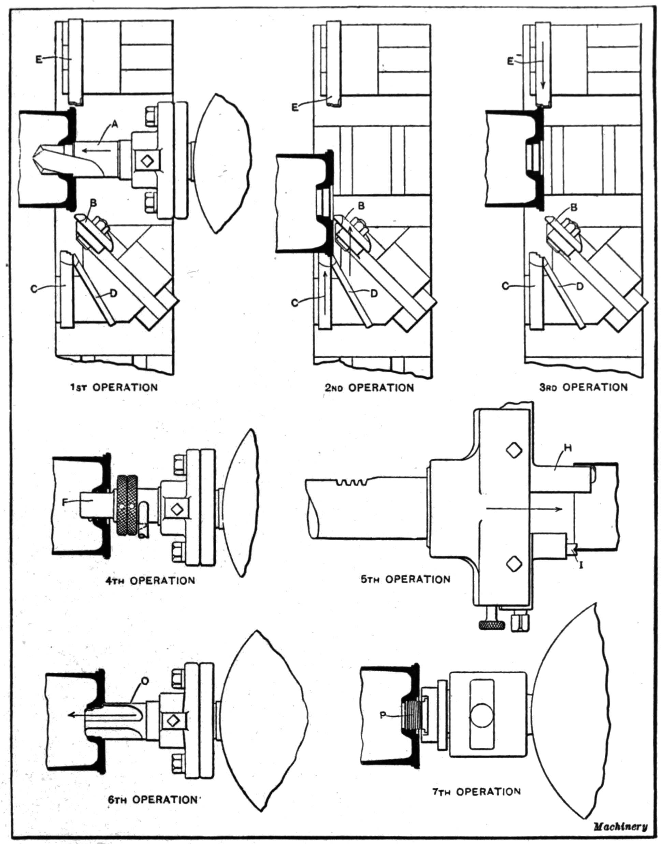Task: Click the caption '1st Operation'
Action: pyautogui.click(x=114, y=387)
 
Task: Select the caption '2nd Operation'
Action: pyautogui.click(x=369, y=388)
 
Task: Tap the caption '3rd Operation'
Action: pyautogui.click(x=583, y=387)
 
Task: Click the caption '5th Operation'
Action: pyautogui.click(x=406, y=579)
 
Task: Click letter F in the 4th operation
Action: pyautogui.click(x=65, y=502)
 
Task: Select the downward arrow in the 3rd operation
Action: pyautogui.click(x=543, y=70)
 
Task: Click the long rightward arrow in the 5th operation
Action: pyautogui.click(x=523, y=509)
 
